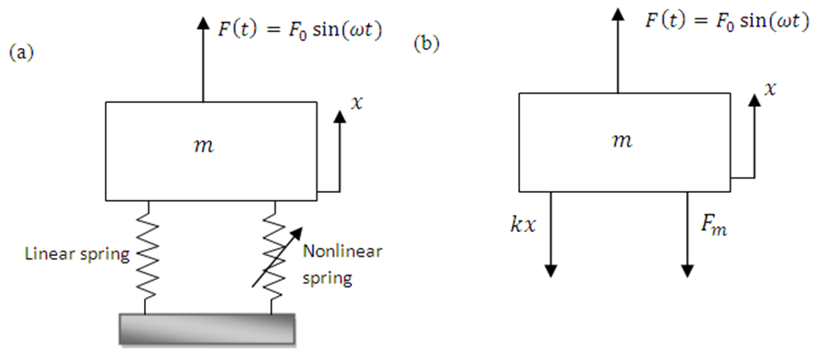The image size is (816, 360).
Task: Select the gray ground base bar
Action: pyautogui.click(x=207, y=328)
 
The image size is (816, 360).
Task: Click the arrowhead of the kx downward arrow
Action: pyautogui.click(x=551, y=268)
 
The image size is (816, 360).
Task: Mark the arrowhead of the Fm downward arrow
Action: pyautogui.click(x=688, y=268)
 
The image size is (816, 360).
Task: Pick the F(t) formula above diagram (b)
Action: pyautogui.click(x=708, y=20)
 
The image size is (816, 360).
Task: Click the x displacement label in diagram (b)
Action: pyautogui.click(x=772, y=89)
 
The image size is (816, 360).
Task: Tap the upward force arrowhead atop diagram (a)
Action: pyautogui.click(x=204, y=25)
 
